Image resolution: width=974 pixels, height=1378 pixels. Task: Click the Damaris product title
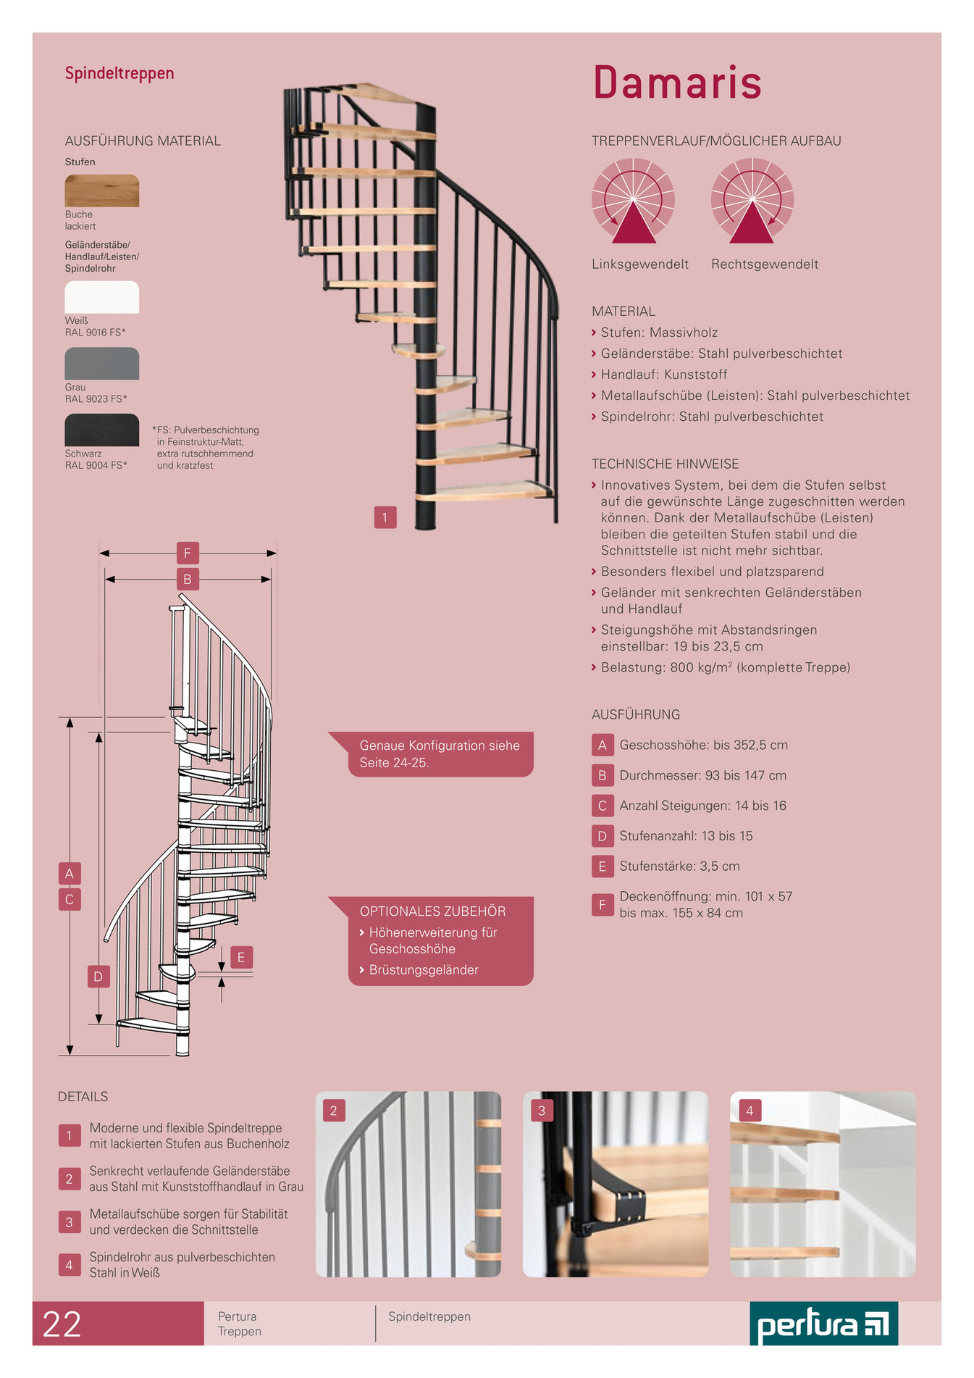tap(677, 82)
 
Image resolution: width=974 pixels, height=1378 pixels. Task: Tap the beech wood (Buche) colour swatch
tap(102, 191)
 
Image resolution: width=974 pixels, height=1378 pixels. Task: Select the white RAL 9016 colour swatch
tap(102, 297)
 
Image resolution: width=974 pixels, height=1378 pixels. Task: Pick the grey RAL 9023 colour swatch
tap(102, 364)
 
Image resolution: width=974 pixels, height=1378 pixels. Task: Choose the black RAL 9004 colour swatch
tap(102, 430)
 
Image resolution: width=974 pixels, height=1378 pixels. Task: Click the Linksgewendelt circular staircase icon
tap(633, 201)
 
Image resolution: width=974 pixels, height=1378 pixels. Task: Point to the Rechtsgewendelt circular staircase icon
tap(752, 201)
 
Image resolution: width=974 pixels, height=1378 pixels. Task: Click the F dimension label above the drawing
tap(188, 554)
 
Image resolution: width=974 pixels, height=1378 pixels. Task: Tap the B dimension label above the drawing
tap(188, 580)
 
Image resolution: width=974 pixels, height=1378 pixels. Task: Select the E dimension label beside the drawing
tap(241, 957)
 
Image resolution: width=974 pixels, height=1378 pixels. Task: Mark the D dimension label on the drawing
tap(98, 977)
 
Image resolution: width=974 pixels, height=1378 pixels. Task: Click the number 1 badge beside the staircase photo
tap(385, 517)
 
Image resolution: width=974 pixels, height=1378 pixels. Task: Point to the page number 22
tap(62, 1324)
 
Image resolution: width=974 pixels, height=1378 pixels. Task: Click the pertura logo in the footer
tap(823, 1324)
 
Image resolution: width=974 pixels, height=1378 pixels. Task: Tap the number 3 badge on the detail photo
tap(542, 1111)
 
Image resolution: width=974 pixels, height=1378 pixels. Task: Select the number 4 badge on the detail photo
tap(750, 1111)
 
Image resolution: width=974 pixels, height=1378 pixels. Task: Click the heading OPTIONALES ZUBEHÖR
tap(433, 911)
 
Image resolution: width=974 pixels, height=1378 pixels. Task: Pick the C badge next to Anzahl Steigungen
tap(602, 806)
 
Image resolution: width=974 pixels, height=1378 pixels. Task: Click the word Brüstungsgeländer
tap(424, 970)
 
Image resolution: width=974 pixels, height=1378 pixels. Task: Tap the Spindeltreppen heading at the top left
tap(119, 74)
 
